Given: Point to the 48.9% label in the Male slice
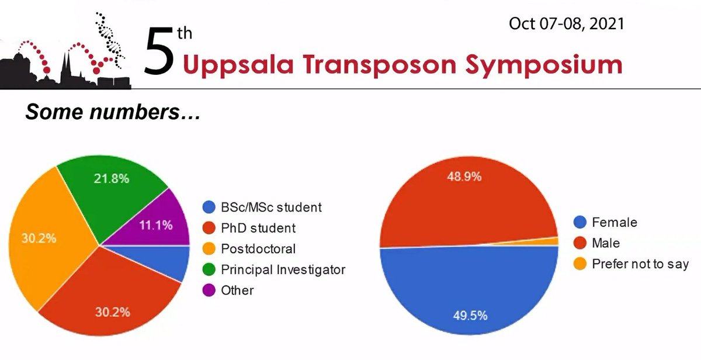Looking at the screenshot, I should click(x=464, y=176).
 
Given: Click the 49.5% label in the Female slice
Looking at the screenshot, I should click(x=470, y=316).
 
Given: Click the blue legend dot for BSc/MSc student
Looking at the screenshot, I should click(x=208, y=207).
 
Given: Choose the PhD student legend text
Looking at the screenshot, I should click(x=258, y=228).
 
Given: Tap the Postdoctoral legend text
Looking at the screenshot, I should click(x=258, y=249).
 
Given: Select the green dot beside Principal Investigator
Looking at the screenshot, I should click(x=208, y=269).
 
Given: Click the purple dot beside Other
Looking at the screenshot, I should click(x=208, y=290).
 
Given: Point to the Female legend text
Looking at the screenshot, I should click(x=614, y=222).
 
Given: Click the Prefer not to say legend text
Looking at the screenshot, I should click(x=640, y=264).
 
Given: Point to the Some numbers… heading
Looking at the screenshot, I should click(x=113, y=112).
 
